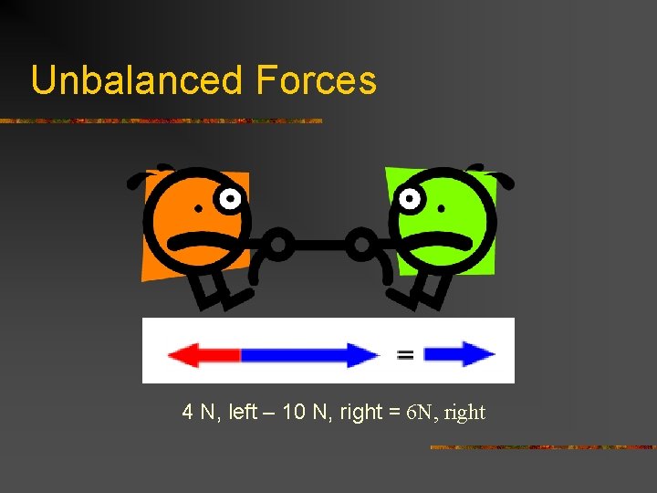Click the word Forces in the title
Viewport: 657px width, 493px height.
[316, 80]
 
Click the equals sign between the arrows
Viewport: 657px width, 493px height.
[405, 354]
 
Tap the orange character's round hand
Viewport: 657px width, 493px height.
[279, 244]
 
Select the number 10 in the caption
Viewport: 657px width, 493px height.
[294, 413]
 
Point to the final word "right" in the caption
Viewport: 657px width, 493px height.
[465, 413]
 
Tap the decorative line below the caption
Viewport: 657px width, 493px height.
[542, 447]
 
